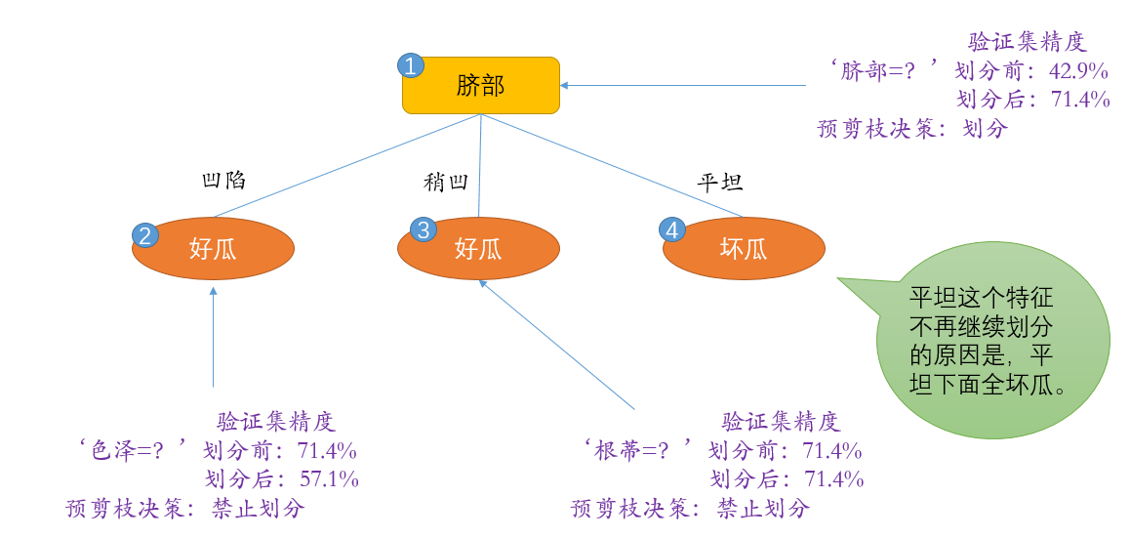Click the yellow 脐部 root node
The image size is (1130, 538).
481,85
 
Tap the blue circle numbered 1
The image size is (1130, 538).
411,65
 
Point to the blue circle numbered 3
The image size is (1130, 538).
424,230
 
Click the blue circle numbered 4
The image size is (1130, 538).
672,230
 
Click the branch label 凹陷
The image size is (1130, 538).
223,181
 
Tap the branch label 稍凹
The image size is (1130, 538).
446,183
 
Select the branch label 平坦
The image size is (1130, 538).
721,183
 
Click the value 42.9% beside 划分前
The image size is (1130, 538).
1078,71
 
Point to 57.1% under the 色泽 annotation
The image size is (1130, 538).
328,479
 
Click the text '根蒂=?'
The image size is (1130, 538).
634,451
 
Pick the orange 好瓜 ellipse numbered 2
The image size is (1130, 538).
213,249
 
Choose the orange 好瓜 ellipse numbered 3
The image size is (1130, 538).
478,249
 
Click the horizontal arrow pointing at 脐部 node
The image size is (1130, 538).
683,85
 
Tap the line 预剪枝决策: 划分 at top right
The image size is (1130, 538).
912,128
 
